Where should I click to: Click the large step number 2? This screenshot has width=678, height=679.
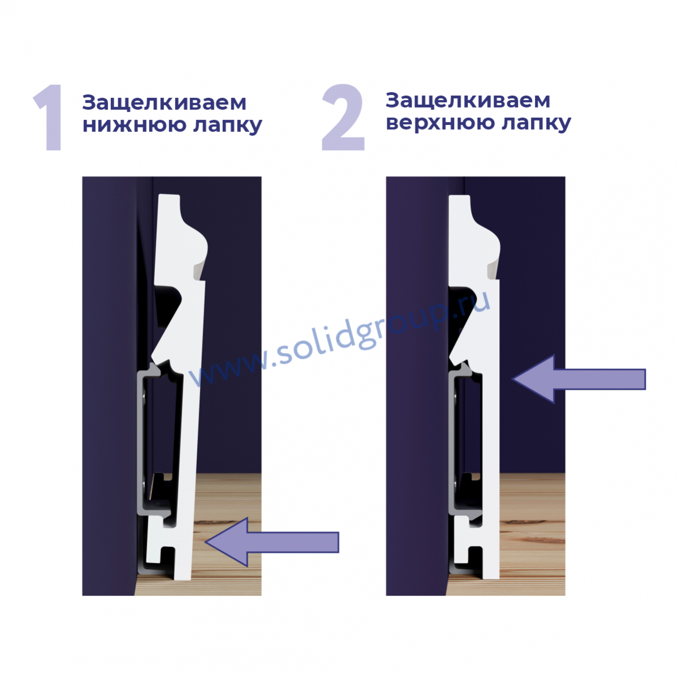tap(343, 117)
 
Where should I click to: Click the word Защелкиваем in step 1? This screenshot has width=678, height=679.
tap(164, 102)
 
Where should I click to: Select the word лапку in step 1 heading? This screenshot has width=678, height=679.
tap(227, 126)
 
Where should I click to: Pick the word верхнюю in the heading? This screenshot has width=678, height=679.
tap(440, 123)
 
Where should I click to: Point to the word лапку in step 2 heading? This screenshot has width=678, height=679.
tap(536, 123)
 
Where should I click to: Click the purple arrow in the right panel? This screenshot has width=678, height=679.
tap(578, 379)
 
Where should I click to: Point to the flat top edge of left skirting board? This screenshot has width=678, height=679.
tap(169, 195)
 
